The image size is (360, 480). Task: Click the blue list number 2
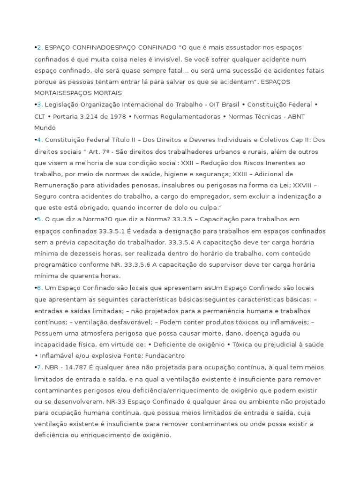coord(39,48)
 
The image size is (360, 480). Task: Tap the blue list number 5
coord(39,219)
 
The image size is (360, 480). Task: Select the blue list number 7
coord(39,367)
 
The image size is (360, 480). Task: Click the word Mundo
coord(45,127)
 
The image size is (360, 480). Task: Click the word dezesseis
coord(94,254)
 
